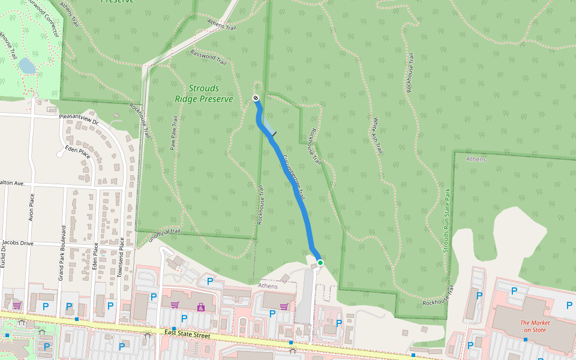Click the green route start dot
tap(320, 263)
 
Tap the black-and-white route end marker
tap(256, 98)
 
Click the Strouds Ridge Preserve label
tap(204, 94)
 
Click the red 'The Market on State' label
tap(535, 326)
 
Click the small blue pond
tap(27, 65)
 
